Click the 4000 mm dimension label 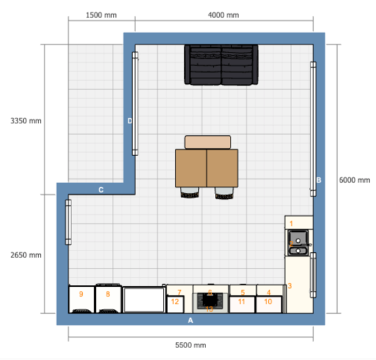click(x=224, y=14)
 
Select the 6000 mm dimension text click(x=354, y=180)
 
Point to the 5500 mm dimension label click(x=191, y=345)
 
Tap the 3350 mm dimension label click(x=26, y=120)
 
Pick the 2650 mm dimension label click(x=26, y=255)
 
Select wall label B click(x=318, y=180)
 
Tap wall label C click(x=101, y=189)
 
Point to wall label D click(x=130, y=121)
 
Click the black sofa click(x=221, y=64)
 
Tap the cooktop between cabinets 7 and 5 click(x=209, y=299)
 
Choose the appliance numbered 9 click(x=81, y=299)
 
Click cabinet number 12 click(x=176, y=304)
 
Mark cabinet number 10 click(x=269, y=304)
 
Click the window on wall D click(x=135, y=103)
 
